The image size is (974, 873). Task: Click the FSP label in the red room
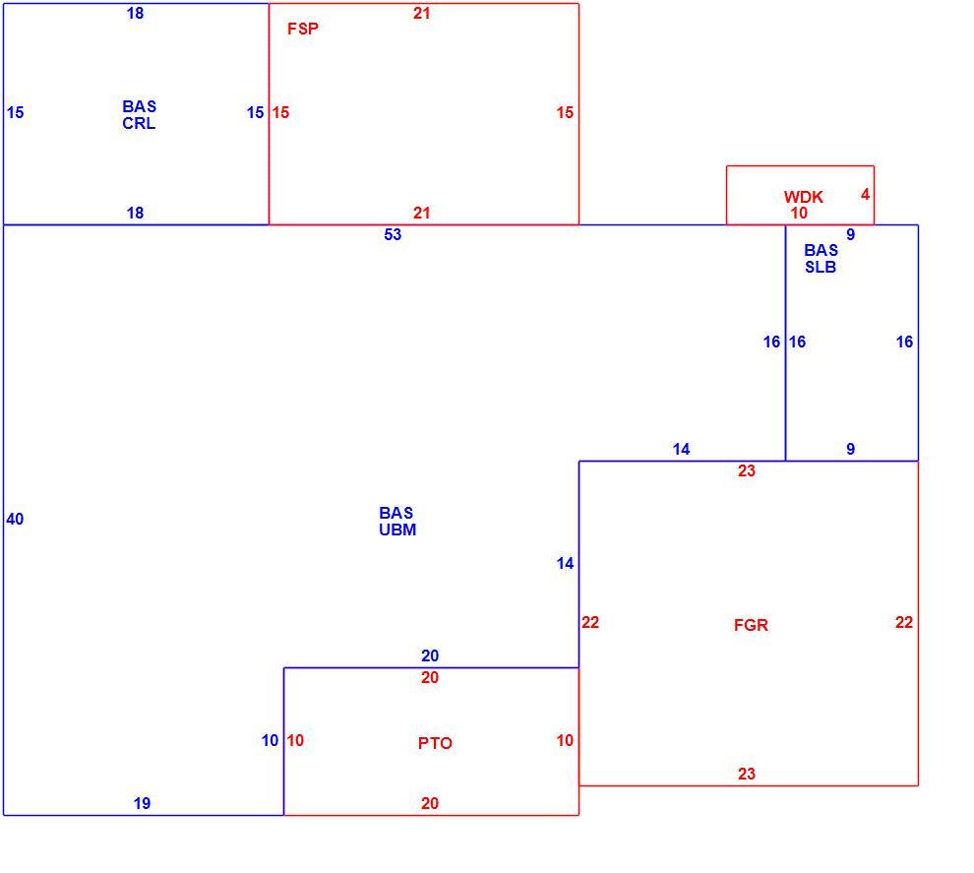coord(302,29)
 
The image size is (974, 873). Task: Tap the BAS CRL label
coord(139,115)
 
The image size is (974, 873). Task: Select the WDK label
coord(803,197)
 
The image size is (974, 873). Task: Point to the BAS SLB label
coord(821,259)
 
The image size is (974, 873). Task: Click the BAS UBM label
coord(397,522)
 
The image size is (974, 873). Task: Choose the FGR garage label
coord(751,625)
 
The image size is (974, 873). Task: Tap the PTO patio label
coord(435,743)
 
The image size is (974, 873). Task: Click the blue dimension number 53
coord(393,234)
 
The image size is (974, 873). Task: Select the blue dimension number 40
coord(15,519)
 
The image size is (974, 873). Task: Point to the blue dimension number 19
coord(143,803)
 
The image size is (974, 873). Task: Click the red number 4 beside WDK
coord(866,195)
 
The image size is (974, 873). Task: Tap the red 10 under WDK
coord(799,214)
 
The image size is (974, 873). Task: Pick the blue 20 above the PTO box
coord(430,655)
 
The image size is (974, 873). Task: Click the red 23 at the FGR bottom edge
coord(747,774)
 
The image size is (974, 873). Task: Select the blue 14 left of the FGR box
coord(566,564)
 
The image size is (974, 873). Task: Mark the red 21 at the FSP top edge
coord(422,13)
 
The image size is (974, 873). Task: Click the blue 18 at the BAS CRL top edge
coord(135,13)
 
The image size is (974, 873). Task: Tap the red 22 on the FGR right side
coord(904,622)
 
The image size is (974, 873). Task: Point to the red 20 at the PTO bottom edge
coord(430,803)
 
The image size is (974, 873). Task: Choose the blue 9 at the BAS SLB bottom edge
coord(851,449)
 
